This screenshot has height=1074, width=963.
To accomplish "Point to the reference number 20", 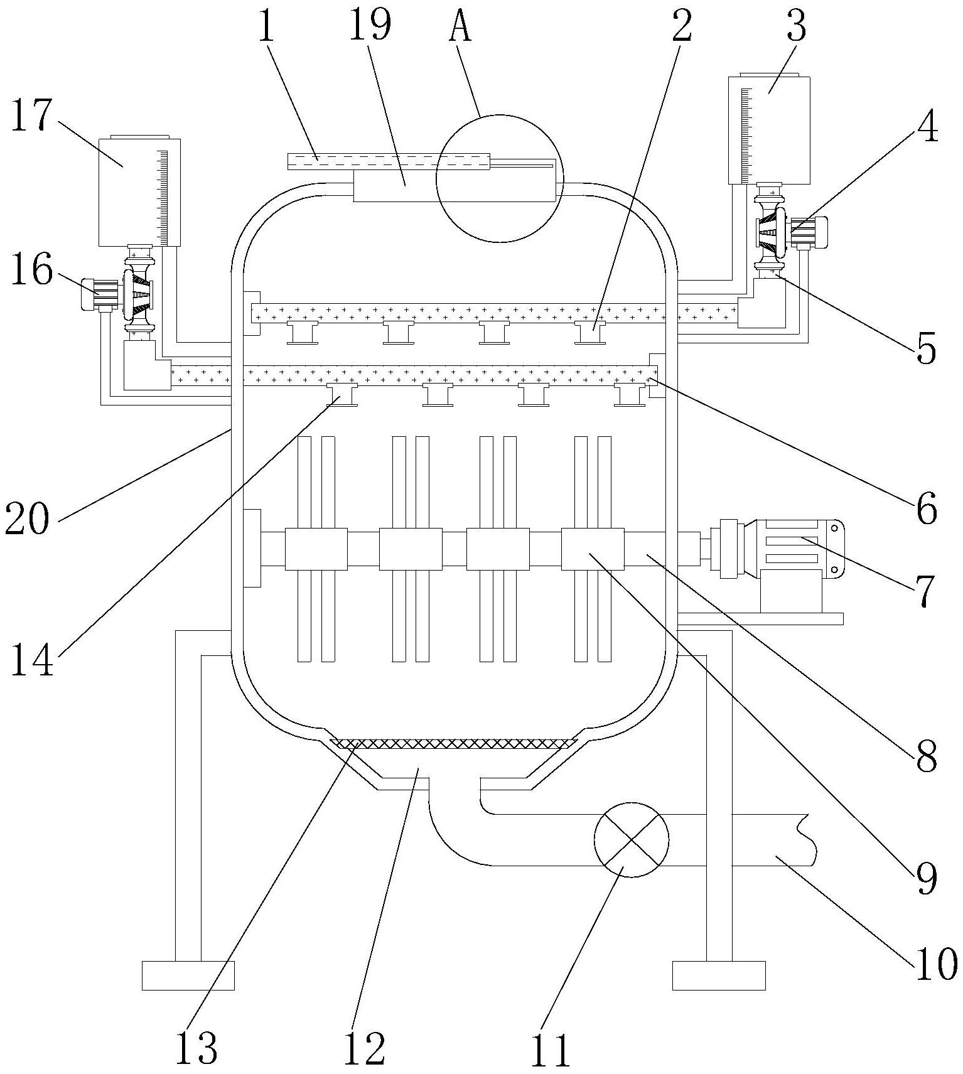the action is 27,518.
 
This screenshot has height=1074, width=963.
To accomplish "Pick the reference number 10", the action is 935,963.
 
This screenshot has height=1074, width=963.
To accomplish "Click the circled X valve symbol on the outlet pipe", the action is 632,839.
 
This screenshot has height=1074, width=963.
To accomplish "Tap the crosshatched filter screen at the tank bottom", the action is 452,744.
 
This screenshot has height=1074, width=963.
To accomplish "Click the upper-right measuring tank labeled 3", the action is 769,130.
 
